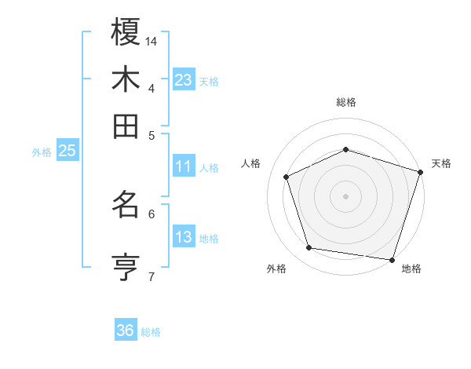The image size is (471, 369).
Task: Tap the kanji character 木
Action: point(126,80)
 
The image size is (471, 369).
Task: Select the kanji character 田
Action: point(126,126)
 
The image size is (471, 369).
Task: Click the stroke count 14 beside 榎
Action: point(152,40)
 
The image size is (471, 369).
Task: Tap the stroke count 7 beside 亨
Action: point(152,276)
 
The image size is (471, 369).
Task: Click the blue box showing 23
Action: point(184,79)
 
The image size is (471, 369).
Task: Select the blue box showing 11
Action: point(184,166)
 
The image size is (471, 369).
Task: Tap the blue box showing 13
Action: point(184,237)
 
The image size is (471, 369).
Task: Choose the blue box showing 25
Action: point(67,151)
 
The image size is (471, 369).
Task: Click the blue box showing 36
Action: point(126,331)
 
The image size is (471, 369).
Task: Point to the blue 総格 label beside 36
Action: point(151,332)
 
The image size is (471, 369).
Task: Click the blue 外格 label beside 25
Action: point(42,152)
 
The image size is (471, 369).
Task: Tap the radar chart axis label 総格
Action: point(346,102)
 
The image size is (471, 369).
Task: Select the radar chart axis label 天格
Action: point(441,163)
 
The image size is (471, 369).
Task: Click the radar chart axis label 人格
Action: point(250,163)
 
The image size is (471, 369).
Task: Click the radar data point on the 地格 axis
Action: point(392,259)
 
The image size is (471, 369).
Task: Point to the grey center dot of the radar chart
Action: point(346,196)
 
